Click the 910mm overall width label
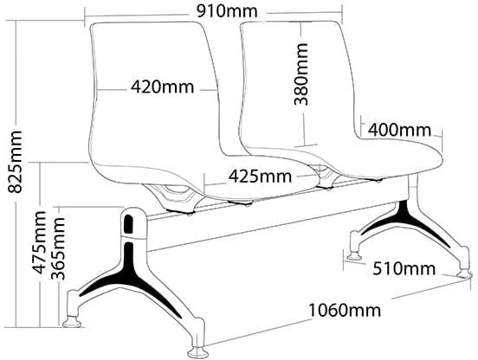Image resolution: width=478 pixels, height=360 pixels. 227,12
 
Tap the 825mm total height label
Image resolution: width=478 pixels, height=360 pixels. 15,162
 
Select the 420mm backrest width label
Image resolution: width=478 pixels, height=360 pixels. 163,87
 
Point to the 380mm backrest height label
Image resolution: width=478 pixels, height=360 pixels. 300,74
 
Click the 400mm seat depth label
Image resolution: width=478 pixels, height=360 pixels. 399,130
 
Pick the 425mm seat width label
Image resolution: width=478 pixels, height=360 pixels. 260,176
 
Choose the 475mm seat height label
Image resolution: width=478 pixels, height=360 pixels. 39,242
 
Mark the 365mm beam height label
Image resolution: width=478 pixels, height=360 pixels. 58,248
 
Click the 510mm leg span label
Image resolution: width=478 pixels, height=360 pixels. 404,269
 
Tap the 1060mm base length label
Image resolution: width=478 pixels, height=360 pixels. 345,311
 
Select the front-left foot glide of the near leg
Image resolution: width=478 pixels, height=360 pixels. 72,321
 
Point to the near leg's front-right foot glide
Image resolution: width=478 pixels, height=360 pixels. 197,351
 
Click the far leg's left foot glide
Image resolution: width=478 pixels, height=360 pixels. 354,256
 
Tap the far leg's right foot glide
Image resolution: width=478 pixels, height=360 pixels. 464,273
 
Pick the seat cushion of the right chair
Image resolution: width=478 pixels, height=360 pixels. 381,158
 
